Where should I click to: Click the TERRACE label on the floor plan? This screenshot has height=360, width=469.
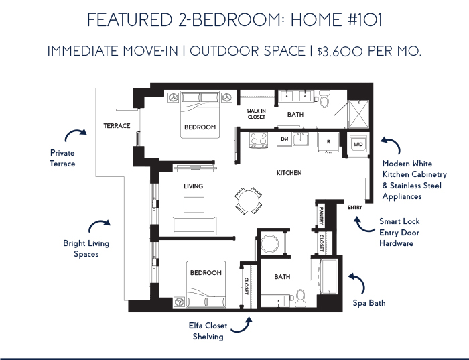point(117,125)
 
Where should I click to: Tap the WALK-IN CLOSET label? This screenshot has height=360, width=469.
point(257,114)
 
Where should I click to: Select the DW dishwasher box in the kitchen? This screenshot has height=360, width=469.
point(285,139)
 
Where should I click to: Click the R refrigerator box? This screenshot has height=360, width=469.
point(328,142)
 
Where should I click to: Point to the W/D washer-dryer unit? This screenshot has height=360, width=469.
point(358,145)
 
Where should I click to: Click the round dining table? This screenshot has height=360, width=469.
point(249,200)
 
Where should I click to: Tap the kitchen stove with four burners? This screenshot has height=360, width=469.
point(259,139)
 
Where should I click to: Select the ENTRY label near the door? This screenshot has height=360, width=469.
point(354,207)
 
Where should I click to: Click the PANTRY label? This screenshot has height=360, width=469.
point(321,215)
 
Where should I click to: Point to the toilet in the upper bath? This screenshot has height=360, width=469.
point(324,98)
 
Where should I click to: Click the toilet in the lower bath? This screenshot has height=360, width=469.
point(300,298)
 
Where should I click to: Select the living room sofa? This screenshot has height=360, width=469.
point(194,226)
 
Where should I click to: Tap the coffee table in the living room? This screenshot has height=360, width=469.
point(194,204)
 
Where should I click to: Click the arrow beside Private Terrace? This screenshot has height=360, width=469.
point(75,134)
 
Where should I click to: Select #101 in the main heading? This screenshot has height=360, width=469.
point(365,20)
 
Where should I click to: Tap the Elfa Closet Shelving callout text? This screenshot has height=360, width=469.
point(208,331)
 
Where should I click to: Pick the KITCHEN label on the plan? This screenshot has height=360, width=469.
point(289,173)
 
